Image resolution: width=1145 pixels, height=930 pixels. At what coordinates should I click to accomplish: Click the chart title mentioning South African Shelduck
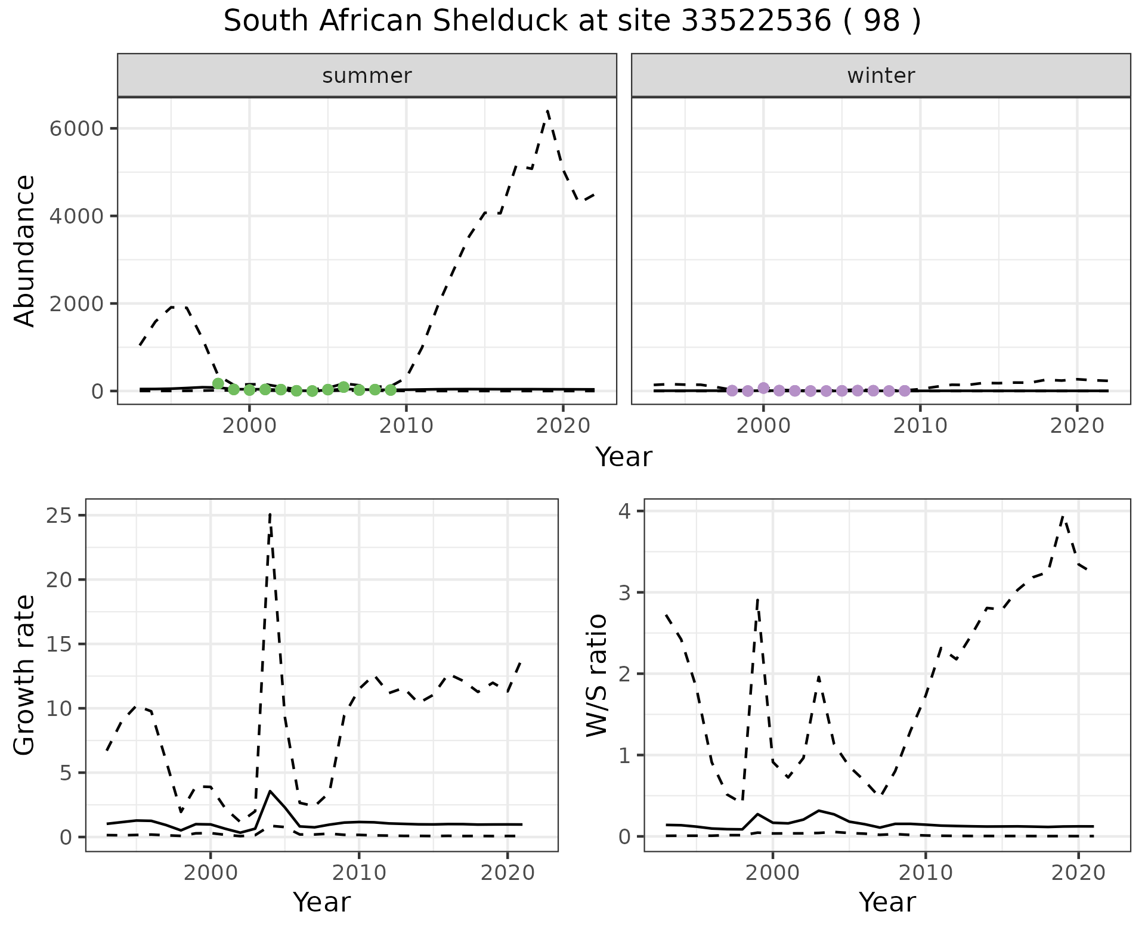click(572, 21)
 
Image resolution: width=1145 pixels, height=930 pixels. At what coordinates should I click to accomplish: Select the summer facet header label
click(367, 76)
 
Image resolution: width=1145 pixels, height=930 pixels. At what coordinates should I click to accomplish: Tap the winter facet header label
click(881, 76)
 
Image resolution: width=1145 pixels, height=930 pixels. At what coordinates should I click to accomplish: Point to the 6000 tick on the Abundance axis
click(77, 129)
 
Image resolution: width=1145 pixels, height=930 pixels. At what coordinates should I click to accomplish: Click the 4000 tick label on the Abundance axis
click(77, 216)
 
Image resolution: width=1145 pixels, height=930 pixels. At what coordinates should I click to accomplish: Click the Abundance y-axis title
click(25, 250)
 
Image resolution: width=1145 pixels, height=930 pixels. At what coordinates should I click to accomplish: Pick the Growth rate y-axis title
click(25, 675)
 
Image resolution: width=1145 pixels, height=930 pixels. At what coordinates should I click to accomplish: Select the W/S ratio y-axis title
click(596, 675)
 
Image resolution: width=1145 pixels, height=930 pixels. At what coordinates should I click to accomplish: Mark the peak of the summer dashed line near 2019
click(547, 111)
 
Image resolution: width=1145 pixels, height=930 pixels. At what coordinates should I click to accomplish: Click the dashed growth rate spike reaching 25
click(270, 514)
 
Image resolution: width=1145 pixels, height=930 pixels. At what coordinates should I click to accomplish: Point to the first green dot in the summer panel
click(218, 383)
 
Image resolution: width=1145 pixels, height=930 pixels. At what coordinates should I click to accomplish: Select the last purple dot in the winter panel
click(905, 390)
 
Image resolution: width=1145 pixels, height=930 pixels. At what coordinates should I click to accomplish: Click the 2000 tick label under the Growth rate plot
click(210, 873)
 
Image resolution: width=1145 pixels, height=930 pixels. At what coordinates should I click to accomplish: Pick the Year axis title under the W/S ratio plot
click(887, 902)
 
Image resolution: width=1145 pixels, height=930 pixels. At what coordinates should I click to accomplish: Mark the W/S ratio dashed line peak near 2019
click(1063, 516)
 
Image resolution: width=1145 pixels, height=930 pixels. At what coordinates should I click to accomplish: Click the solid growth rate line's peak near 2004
click(270, 790)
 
